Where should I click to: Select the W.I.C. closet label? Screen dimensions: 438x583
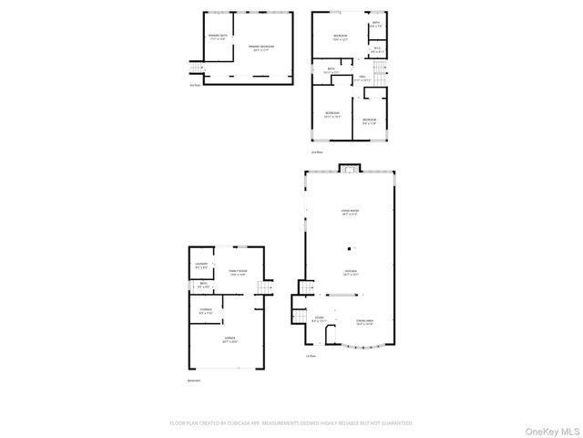point(375,50)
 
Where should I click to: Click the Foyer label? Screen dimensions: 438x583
point(319,321)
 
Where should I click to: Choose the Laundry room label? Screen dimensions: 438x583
point(202,266)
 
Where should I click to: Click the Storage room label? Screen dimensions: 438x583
point(205,311)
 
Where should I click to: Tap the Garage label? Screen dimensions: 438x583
point(230,339)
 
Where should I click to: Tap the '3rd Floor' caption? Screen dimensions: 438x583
point(195,86)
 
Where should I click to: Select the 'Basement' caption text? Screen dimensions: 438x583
point(193,381)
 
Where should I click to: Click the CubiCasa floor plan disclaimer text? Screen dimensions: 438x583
point(291,423)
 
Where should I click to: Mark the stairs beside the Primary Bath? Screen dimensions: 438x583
point(194,68)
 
